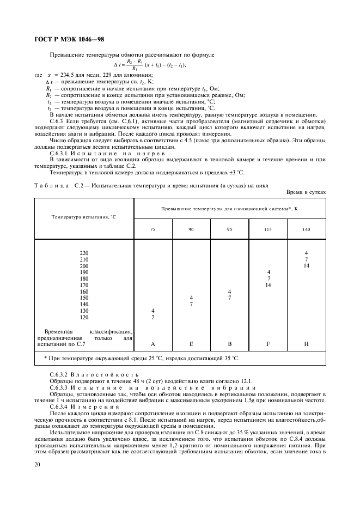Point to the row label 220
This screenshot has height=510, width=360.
tap(84, 253)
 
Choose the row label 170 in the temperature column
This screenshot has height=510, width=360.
tap(84, 285)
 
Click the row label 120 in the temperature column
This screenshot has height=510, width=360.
tap(84, 317)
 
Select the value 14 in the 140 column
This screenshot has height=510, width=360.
tap(307, 266)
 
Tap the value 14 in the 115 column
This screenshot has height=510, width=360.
tap(268, 285)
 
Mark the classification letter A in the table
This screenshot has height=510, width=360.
tap(152, 344)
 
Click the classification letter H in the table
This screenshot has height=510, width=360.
tap(307, 344)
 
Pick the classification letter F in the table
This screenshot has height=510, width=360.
tap(268, 344)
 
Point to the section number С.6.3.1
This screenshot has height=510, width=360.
tap(59, 154)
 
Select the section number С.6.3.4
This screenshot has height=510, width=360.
tap(59, 406)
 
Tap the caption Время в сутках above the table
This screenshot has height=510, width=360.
tap(306, 192)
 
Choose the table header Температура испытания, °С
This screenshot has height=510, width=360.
tap(84, 217)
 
